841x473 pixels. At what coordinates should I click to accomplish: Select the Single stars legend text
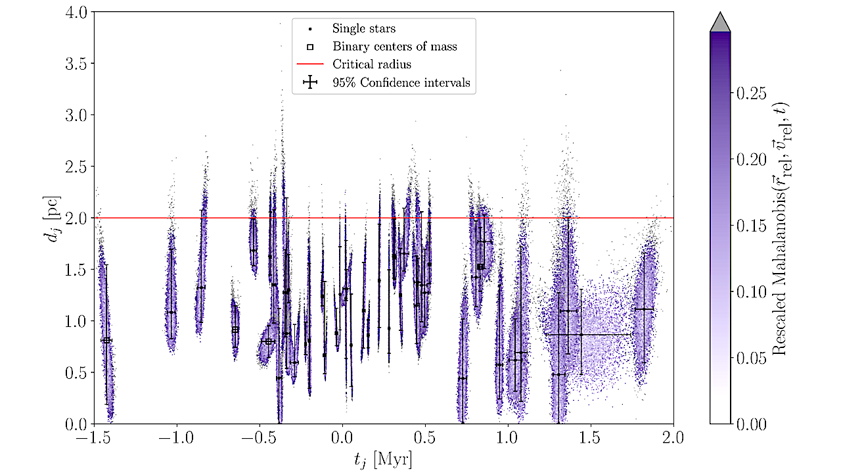point(363,29)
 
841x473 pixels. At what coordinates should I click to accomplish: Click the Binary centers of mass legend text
point(394,47)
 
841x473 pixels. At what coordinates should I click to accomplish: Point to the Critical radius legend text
point(371,64)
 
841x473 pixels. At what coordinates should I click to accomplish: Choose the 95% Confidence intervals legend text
point(401,82)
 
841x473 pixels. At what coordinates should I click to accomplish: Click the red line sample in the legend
point(310,64)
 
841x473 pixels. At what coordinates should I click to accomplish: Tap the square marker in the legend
point(310,47)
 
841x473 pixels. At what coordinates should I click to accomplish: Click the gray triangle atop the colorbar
point(721,21)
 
